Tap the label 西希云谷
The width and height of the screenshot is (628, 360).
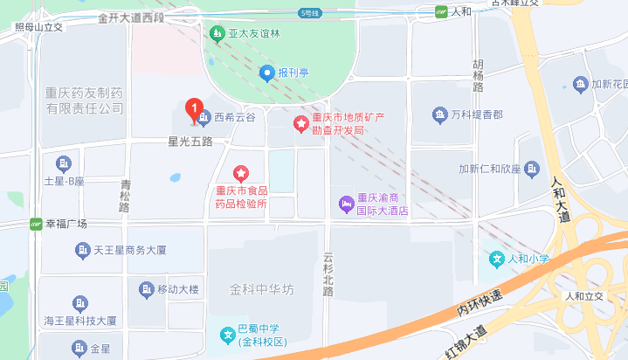pyautogui.click(x=233, y=117)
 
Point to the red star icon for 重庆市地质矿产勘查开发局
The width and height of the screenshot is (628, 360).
pyautogui.click(x=300, y=124)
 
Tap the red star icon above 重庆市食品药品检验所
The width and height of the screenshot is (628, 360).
pyautogui.click(x=242, y=171)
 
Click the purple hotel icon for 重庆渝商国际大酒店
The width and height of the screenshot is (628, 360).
pyautogui.click(x=346, y=204)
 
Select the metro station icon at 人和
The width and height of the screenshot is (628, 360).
pyautogui.click(x=442, y=11)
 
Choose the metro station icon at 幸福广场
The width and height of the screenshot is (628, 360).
pyautogui.click(x=36, y=224)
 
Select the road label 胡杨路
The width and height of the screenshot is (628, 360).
pyautogui.click(x=478, y=76)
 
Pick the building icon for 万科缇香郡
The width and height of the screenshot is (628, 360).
pyautogui.click(x=439, y=114)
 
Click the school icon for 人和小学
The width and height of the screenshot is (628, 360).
pyautogui.click(x=497, y=259)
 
